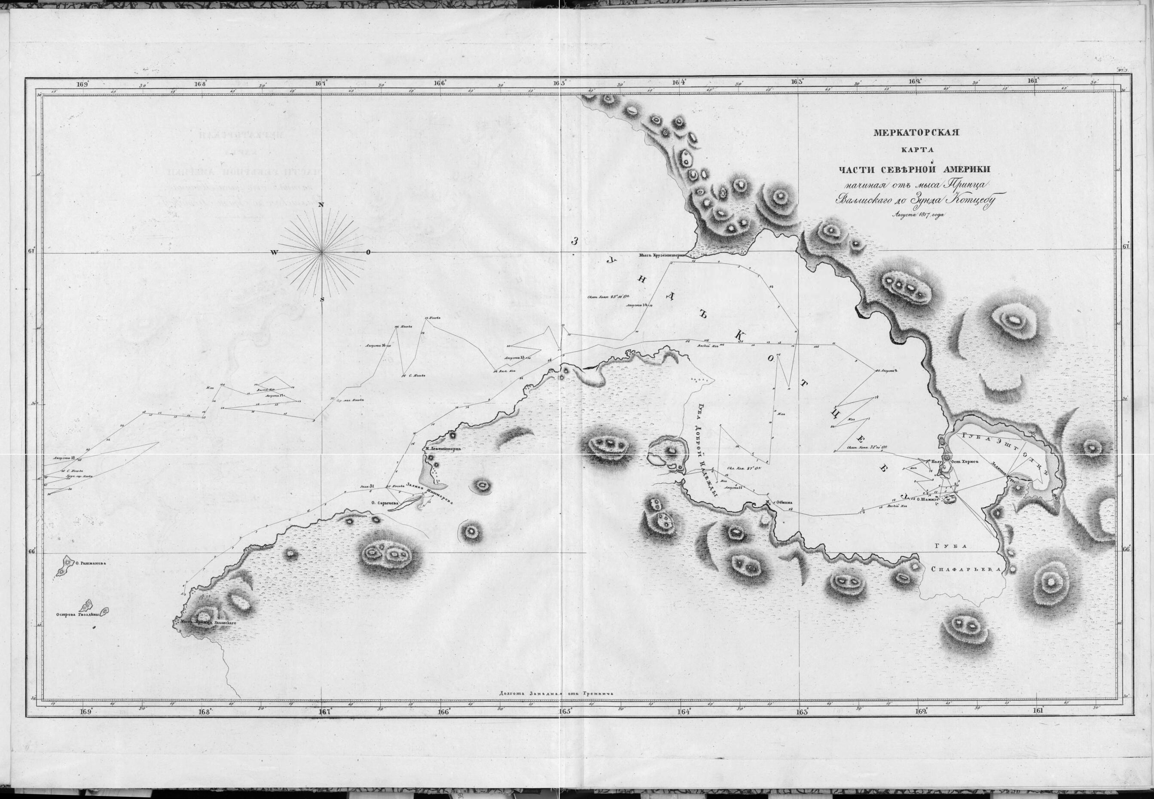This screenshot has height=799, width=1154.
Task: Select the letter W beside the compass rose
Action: (x=274, y=252)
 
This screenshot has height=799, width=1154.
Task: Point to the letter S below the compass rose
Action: (x=323, y=299)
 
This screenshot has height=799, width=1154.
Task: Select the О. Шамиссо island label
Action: (x=925, y=498)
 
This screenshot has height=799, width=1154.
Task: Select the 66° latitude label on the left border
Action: (x=33, y=552)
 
